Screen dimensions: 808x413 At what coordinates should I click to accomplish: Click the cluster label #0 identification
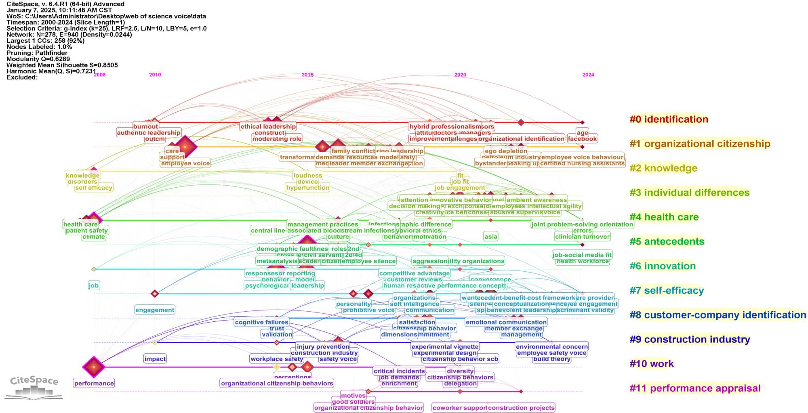point(669,119)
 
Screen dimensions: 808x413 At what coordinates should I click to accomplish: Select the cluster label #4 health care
point(664,217)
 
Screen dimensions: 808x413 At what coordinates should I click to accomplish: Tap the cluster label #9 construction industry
point(690,340)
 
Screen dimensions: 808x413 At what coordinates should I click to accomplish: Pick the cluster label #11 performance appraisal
point(695,388)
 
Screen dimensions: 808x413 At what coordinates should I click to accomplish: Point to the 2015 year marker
point(307,75)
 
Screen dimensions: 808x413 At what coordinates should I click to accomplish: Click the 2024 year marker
point(588,75)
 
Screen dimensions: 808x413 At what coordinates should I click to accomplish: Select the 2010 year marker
point(155,75)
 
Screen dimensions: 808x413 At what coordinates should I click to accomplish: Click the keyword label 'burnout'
point(145,126)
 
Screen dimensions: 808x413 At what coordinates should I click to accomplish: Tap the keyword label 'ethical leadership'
point(268,126)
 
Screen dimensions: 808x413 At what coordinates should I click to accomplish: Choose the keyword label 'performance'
point(94,383)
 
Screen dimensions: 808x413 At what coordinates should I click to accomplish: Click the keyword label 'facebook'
point(582,139)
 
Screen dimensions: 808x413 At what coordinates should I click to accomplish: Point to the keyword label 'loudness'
point(307,175)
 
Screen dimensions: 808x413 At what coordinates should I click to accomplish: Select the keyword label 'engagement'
point(155,310)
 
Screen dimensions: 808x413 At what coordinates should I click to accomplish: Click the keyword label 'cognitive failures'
point(261,322)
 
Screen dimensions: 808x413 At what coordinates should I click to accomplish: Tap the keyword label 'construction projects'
point(521,408)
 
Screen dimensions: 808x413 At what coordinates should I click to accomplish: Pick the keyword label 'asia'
point(490,237)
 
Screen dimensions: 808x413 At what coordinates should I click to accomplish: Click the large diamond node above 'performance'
point(94,367)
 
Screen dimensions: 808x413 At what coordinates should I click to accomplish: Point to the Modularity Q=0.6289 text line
point(38,59)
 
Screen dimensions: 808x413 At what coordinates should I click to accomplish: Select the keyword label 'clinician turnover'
point(582,237)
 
